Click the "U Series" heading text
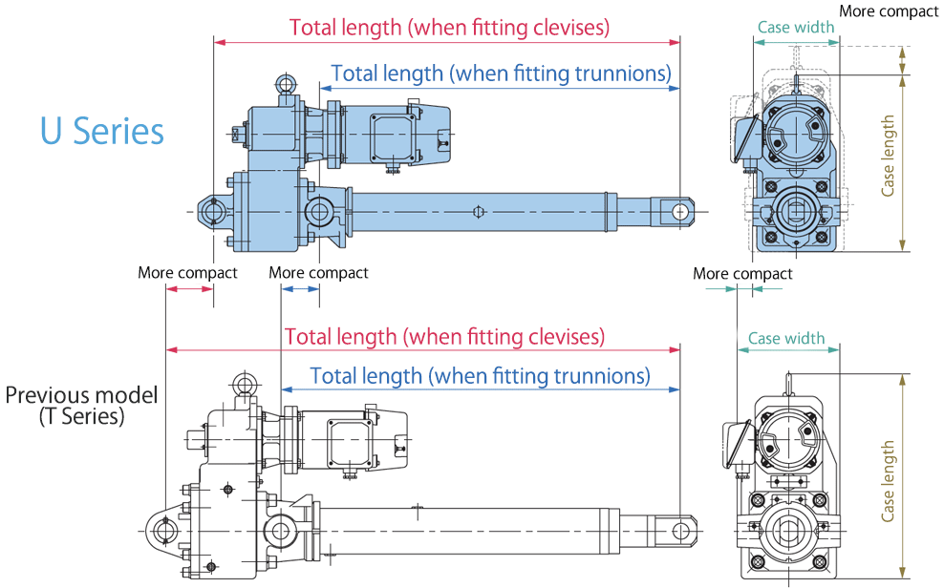(x=102, y=131)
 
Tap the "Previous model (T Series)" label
(x=81, y=405)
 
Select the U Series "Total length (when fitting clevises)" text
(x=449, y=27)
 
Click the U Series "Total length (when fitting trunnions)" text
(x=501, y=73)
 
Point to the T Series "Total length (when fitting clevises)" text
(x=444, y=336)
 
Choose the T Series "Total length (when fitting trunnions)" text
(x=480, y=375)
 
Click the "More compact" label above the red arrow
(x=187, y=273)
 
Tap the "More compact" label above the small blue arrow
(x=318, y=273)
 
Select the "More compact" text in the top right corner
(x=890, y=10)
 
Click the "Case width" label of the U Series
(x=796, y=27)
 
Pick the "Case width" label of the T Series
(x=786, y=338)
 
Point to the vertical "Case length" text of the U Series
(x=889, y=156)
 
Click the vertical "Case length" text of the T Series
(x=889, y=480)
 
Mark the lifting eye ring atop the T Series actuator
(x=246, y=385)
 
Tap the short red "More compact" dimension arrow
(x=189, y=288)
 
